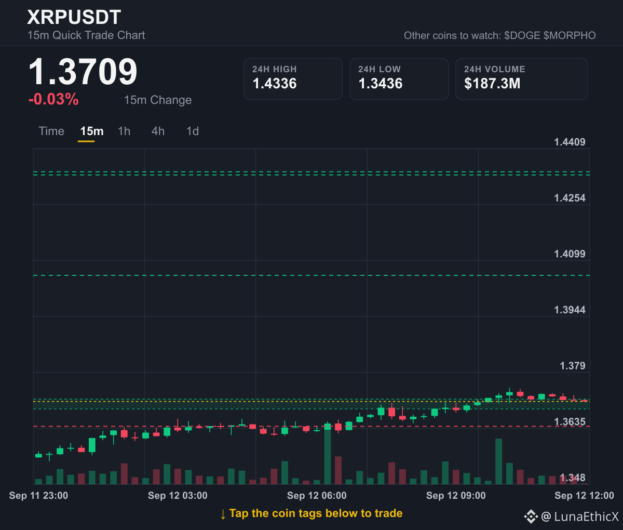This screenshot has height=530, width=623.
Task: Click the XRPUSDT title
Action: tap(74, 17)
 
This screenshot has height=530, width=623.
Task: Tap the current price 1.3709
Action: tap(83, 72)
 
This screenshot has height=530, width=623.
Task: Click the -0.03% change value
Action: tap(53, 99)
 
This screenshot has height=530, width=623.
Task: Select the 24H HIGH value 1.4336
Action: tap(275, 84)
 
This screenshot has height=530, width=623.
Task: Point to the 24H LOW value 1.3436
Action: tap(381, 84)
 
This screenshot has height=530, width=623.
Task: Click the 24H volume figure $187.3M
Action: tap(492, 84)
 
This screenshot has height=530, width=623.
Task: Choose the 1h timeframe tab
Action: tap(124, 131)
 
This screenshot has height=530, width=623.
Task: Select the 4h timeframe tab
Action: tap(158, 131)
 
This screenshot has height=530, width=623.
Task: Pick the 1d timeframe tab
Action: tap(193, 131)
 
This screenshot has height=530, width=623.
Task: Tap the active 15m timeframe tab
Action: tap(91, 131)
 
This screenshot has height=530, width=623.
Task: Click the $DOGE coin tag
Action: tap(522, 36)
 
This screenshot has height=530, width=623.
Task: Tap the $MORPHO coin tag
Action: tap(570, 36)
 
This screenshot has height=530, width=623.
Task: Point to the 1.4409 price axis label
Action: tap(570, 142)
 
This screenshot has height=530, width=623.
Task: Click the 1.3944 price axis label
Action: tap(570, 310)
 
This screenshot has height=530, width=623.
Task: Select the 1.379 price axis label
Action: tap(572, 366)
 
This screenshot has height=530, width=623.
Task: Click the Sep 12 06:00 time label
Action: tap(317, 495)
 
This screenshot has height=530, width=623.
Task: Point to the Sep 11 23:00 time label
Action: tap(38, 495)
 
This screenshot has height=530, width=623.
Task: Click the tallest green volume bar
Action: tap(328, 454)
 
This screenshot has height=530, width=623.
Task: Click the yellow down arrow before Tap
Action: tap(223, 514)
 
